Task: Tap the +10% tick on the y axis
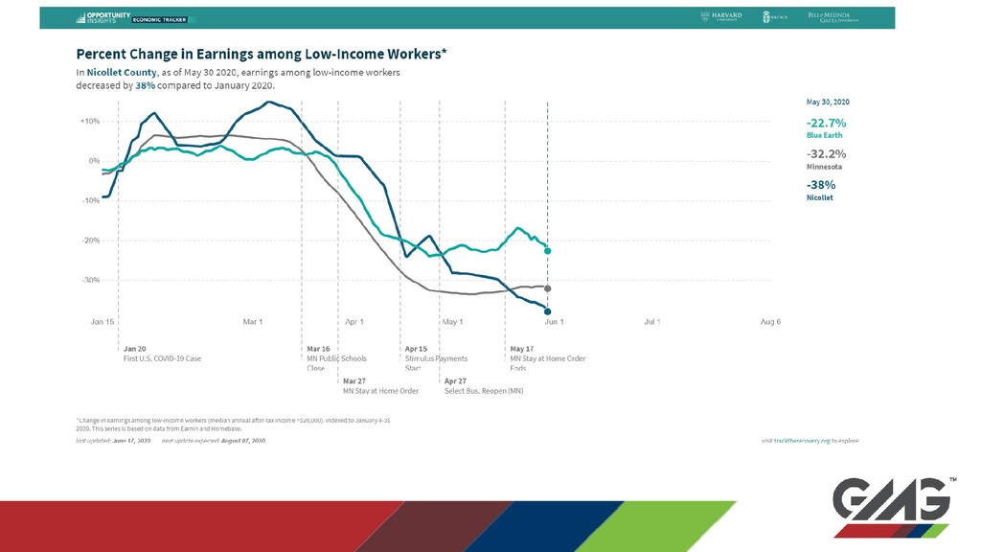[x=90, y=122]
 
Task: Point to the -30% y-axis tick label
[x=90, y=280]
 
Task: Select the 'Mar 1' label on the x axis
[x=253, y=322]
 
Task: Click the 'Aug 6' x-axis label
[x=770, y=322]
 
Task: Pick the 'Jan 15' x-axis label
[x=103, y=322]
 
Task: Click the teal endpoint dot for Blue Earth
[x=547, y=251]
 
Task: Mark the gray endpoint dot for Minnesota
[x=547, y=288]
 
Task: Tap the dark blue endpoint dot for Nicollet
[x=547, y=310]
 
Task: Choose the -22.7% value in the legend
[x=826, y=123]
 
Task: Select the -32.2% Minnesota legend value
[x=826, y=153]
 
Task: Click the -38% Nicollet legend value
[x=821, y=185]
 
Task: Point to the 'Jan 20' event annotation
[x=135, y=349]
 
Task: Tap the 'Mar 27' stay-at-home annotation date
[x=354, y=380]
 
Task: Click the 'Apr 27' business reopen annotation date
[x=456, y=380]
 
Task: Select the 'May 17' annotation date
[x=522, y=349]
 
